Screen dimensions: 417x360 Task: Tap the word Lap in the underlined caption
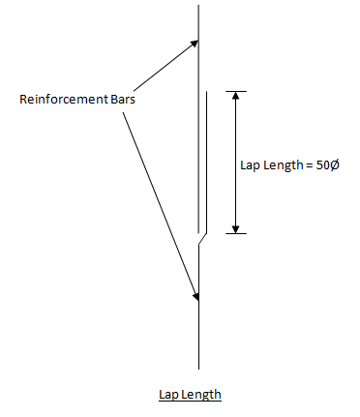pos(168,395)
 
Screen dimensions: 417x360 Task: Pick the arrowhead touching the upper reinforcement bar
pos(194,44)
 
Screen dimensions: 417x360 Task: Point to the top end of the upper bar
pos(198,7)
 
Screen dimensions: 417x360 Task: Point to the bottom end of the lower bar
pos(198,367)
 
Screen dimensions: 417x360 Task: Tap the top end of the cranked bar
pos(205,93)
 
